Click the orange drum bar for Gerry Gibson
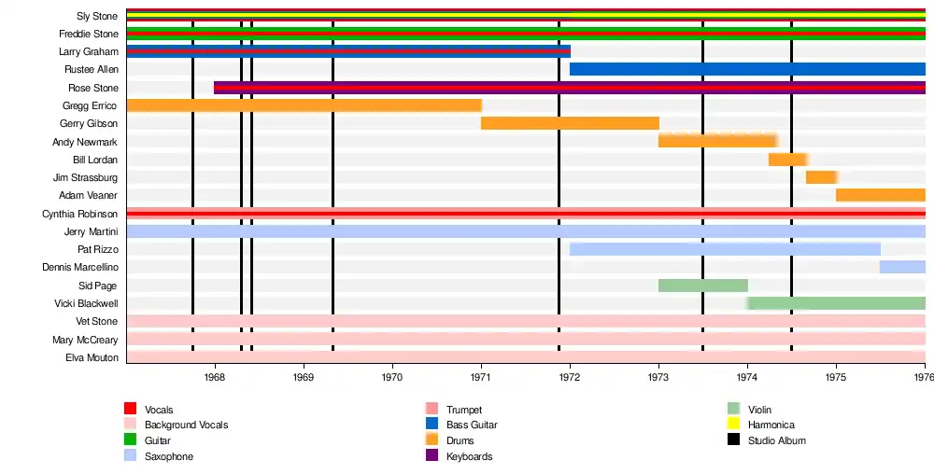click(570, 123)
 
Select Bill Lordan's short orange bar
click(787, 160)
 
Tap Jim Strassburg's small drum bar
click(821, 177)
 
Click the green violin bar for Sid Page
click(702, 286)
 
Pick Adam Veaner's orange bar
click(880, 195)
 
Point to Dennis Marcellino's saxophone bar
click(901, 267)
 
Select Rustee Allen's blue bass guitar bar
click(747, 69)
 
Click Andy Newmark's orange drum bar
click(717, 141)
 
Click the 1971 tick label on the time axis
click(481, 377)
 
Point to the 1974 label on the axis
click(747, 377)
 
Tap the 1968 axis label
click(214, 377)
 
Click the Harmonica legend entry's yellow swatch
click(733, 425)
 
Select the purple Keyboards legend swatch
click(432, 456)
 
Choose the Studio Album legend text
click(776, 440)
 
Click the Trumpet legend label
click(464, 410)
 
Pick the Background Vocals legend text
click(186, 425)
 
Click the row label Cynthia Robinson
click(80, 214)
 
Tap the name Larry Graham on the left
click(89, 51)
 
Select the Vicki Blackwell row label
click(87, 303)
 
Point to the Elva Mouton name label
click(92, 357)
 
